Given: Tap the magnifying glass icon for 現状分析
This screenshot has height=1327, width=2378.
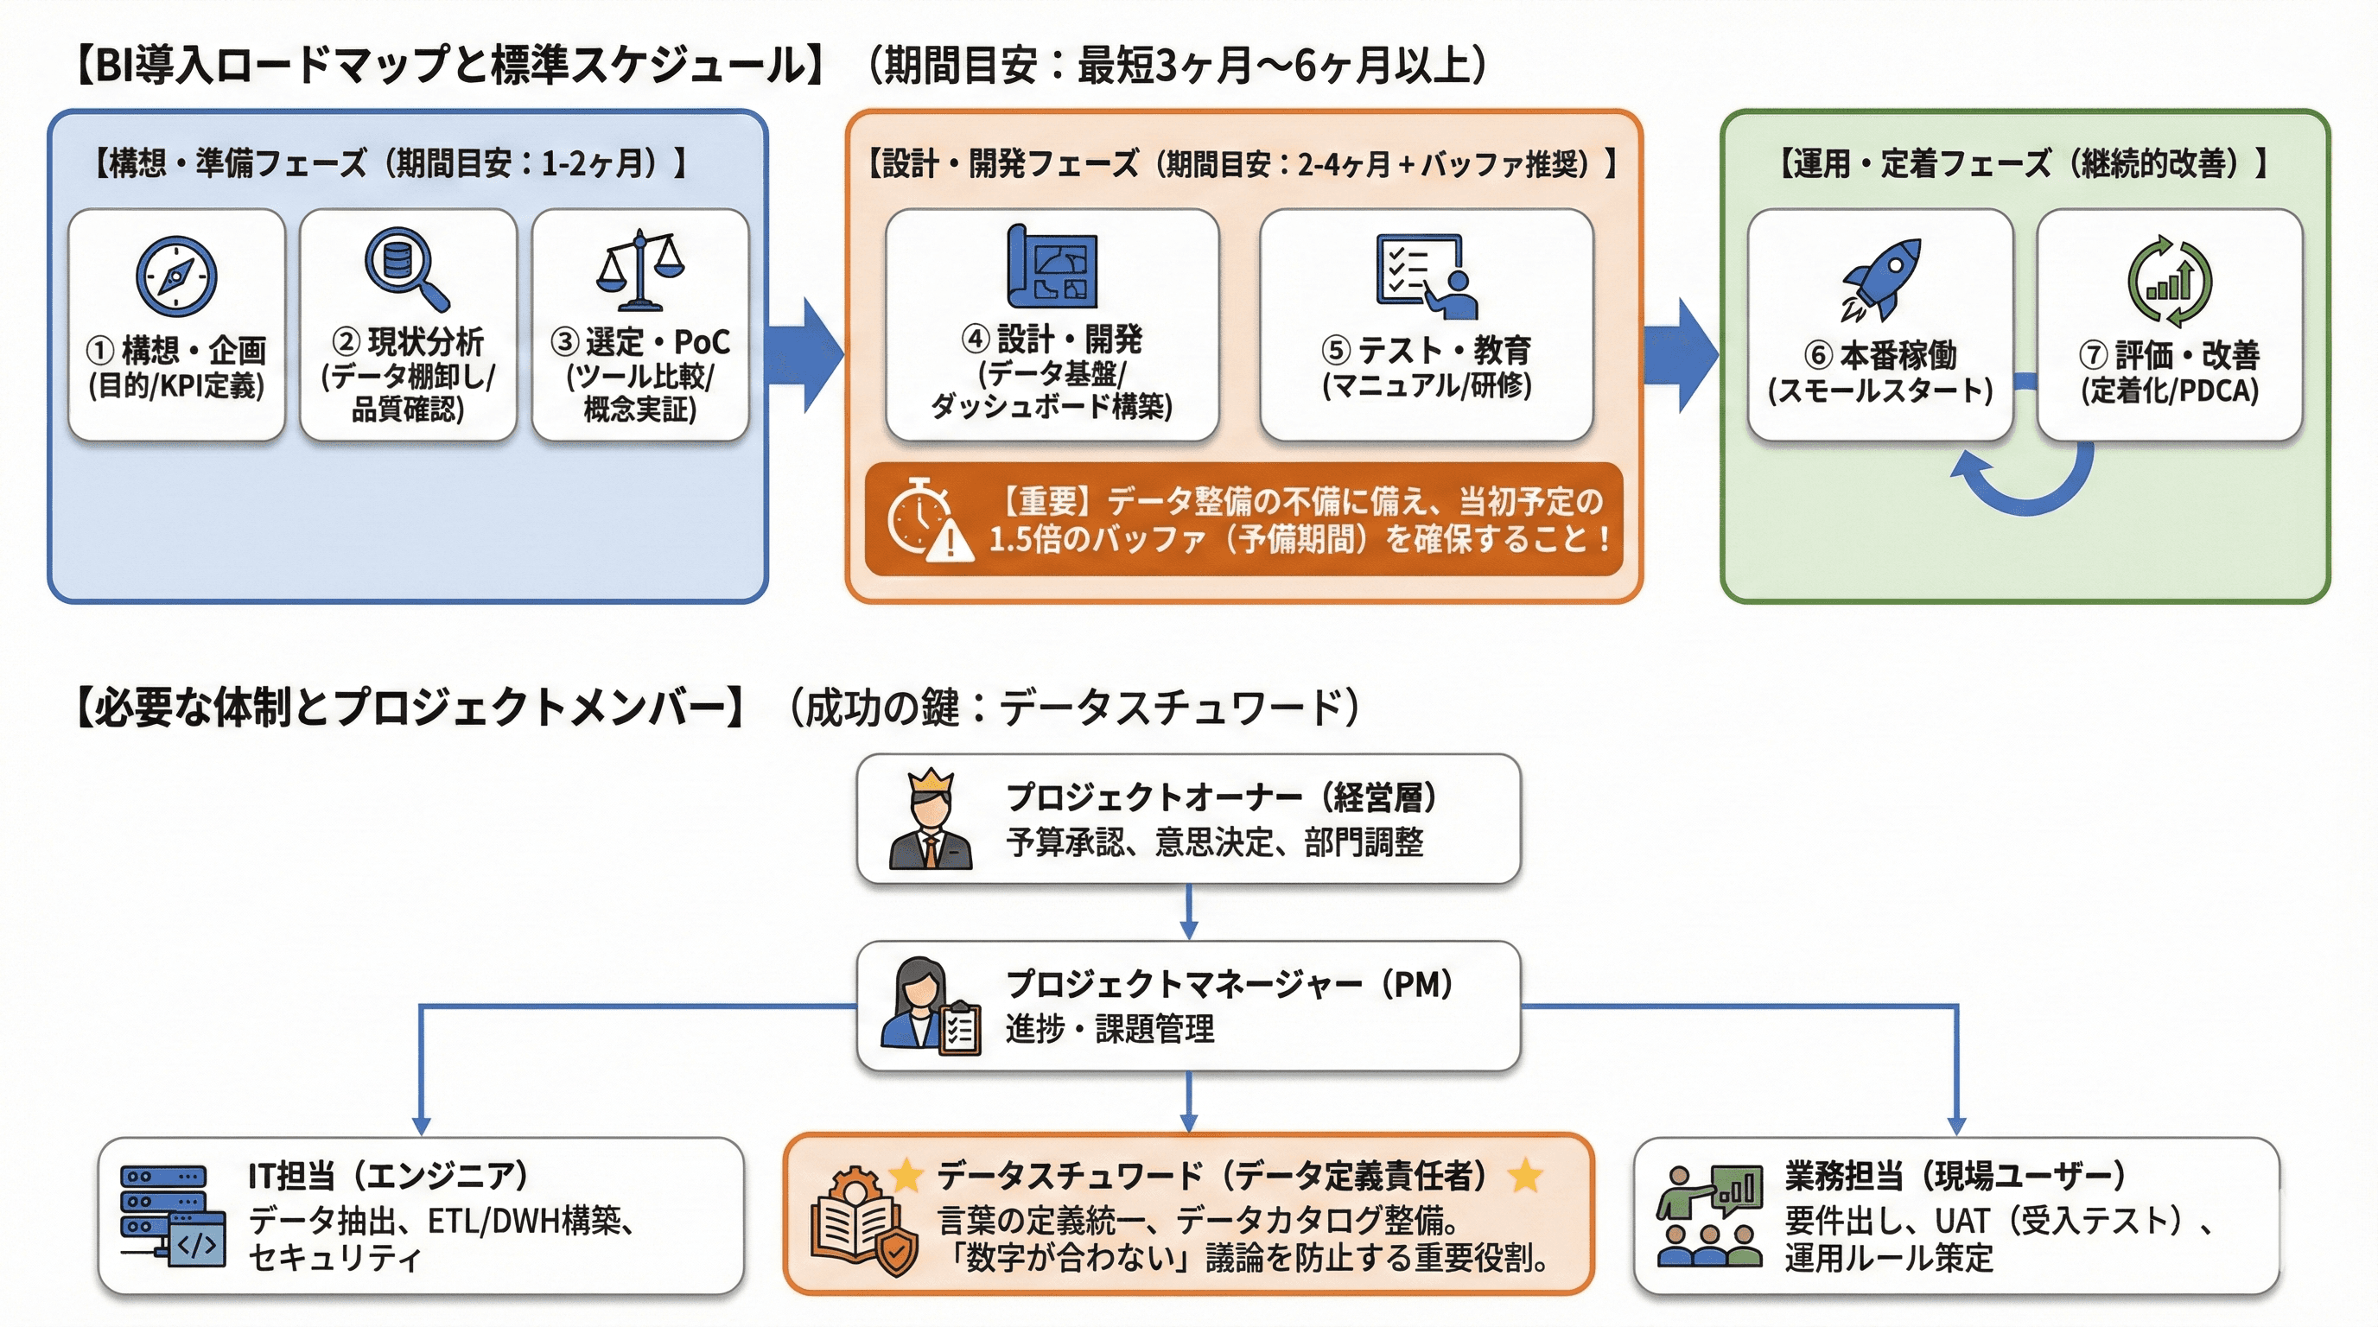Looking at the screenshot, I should pyautogui.click(x=404, y=269).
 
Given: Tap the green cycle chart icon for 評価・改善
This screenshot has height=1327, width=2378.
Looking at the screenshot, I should pyautogui.click(x=2170, y=281).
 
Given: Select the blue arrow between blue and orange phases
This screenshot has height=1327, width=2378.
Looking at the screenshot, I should pyautogui.click(x=805, y=354).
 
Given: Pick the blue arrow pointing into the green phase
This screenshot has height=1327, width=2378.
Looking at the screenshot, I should pyautogui.click(x=1680, y=354).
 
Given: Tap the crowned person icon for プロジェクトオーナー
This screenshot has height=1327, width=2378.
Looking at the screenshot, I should pyautogui.click(x=930, y=820).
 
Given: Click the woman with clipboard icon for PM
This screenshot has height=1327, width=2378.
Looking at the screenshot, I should pyautogui.click(x=929, y=1006).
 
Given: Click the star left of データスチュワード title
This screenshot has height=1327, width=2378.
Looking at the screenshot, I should pyautogui.click(x=906, y=1175).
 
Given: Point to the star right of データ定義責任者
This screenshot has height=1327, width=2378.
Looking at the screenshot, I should pyautogui.click(x=1524, y=1175).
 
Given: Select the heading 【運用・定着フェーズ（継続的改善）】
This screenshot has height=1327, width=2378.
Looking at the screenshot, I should pyautogui.click(x=2022, y=163).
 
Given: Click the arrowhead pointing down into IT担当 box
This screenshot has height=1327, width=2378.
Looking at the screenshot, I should pyautogui.click(x=421, y=1126).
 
